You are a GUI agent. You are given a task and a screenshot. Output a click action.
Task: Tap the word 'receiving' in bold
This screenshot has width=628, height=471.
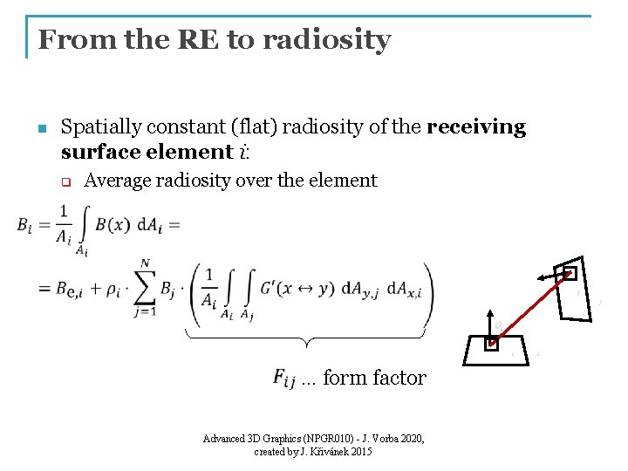476,127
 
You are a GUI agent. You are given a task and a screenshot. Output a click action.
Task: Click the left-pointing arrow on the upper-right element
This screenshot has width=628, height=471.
548,276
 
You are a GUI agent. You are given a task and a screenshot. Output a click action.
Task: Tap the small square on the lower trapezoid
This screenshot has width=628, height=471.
493,344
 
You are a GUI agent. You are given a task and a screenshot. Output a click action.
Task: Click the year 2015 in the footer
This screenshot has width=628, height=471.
359,452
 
